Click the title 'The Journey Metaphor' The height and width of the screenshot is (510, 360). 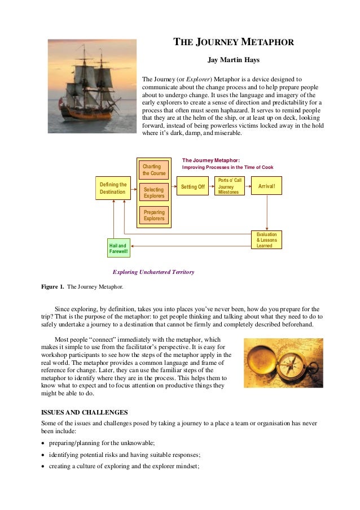pos(233,42)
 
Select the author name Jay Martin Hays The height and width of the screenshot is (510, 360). pos(233,59)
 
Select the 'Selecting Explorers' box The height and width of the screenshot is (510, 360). pos(154,193)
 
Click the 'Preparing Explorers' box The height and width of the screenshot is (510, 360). pos(154,215)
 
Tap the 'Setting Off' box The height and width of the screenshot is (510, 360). pos(192,186)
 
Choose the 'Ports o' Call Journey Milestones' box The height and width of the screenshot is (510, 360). pos(230,186)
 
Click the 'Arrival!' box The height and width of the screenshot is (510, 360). pos(266,186)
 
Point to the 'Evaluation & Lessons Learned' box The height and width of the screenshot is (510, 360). pos(266,240)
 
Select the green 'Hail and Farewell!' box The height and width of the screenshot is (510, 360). pos(118,248)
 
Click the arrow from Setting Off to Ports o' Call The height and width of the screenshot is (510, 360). pos(212,186)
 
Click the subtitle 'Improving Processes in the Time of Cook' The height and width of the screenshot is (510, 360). pos(227,168)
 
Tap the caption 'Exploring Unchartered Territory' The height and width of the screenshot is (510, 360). pos(153,272)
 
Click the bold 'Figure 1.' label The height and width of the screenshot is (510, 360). pos(52,287)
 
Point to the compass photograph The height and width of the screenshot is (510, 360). pos(283,363)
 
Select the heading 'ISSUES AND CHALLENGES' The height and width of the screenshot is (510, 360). pos(85,412)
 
